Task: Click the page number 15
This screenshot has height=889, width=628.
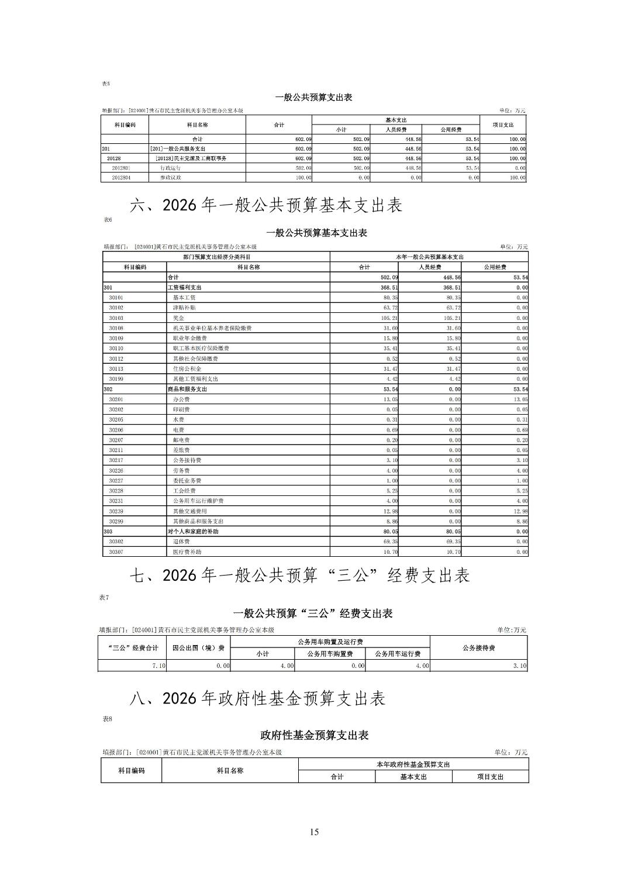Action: (314, 832)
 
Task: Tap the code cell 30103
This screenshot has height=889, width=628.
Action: (116, 318)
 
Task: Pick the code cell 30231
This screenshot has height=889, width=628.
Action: (116, 501)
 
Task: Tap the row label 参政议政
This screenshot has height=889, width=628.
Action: (171, 177)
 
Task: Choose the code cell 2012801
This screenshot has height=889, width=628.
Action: (121, 168)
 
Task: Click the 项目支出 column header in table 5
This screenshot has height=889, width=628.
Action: (502, 125)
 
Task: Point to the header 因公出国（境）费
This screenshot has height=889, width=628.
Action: (198, 648)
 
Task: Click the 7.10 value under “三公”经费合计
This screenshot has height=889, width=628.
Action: (159, 666)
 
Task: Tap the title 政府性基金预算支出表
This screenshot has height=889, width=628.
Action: (314, 735)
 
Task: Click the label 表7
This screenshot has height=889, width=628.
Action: (104, 598)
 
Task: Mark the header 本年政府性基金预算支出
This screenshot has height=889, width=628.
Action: (413, 764)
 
